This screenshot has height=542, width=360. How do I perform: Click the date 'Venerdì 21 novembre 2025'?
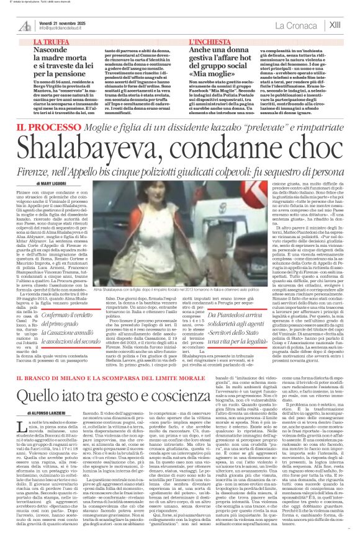click(x=59, y=22)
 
